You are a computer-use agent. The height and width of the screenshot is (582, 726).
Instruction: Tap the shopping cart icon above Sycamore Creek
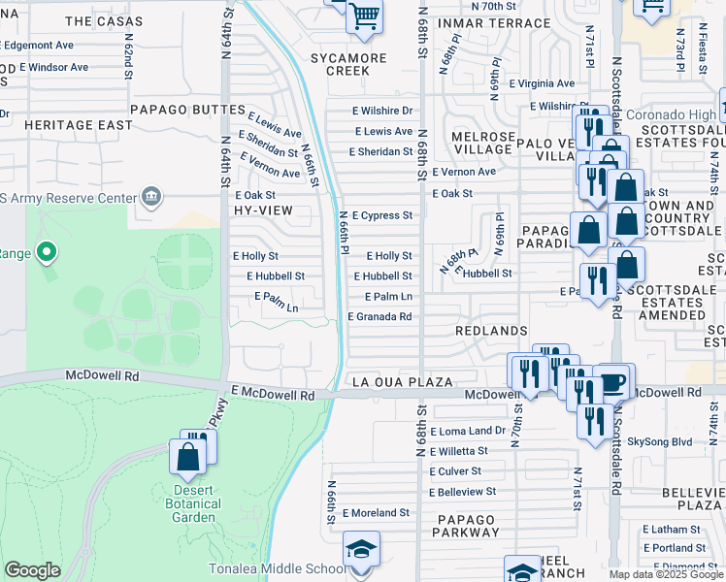pos(364,16)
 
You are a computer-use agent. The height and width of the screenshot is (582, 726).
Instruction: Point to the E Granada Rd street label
pos(379,316)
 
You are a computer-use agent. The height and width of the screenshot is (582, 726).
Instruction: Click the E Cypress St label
pos(382,215)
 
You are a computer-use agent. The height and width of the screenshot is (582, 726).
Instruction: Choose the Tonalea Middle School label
pos(277,569)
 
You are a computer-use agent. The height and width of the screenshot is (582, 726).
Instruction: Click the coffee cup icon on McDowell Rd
pos(612,382)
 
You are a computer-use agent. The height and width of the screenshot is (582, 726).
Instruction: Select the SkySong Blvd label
pos(660,441)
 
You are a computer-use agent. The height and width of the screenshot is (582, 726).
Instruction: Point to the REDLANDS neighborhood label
pos(490,331)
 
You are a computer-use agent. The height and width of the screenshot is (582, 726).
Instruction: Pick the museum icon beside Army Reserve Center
pos(150,198)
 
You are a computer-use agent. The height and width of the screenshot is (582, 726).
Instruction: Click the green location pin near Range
pos(46,254)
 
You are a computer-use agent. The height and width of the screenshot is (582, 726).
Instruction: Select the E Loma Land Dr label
pos(473,431)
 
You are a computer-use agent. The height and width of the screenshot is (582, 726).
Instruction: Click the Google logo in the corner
pos(32,570)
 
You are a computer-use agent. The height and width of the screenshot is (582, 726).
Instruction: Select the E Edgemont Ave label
pos(40,45)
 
